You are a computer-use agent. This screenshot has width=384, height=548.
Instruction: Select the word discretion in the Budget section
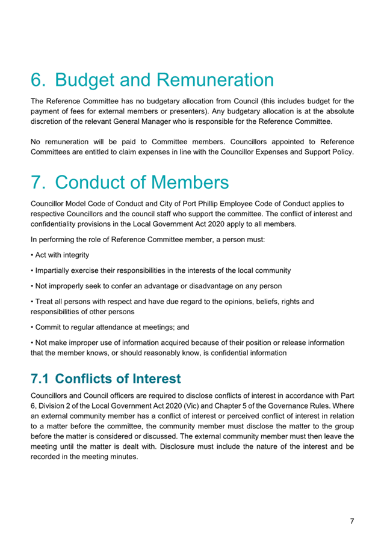pyautogui.click(x=49, y=121)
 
